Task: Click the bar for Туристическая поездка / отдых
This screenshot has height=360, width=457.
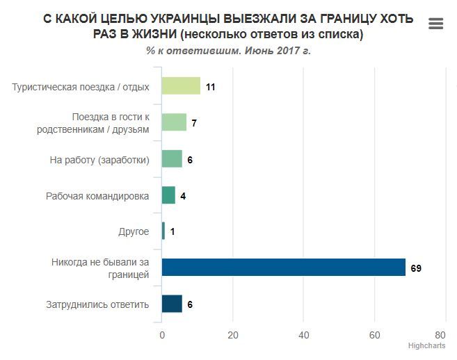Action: click(x=181, y=86)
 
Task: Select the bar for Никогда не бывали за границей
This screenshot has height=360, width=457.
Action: click(x=283, y=268)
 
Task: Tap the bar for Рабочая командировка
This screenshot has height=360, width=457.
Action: click(x=168, y=195)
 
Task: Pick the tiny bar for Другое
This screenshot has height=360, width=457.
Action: click(x=163, y=231)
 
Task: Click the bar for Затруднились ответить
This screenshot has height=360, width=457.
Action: click(x=172, y=304)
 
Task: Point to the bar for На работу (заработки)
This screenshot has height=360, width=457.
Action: click(x=172, y=159)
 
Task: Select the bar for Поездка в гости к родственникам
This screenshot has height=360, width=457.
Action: click(x=174, y=122)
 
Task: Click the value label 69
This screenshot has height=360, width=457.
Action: click(x=416, y=268)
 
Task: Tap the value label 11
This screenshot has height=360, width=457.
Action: click(x=211, y=86)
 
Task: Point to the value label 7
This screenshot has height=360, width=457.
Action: click(x=194, y=122)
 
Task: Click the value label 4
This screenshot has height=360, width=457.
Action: click(x=182, y=195)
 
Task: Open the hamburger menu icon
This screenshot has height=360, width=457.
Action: click(x=436, y=24)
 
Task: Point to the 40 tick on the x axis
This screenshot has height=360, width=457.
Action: click(x=303, y=334)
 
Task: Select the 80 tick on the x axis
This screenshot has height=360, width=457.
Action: click(x=440, y=334)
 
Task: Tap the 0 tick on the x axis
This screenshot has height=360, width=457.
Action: click(x=162, y=334)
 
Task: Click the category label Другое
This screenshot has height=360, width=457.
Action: click(x=134, y=231)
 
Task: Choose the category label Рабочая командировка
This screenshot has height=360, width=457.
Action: click(x=97, y=195)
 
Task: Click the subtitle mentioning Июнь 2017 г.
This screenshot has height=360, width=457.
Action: click(x=227, y=50)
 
